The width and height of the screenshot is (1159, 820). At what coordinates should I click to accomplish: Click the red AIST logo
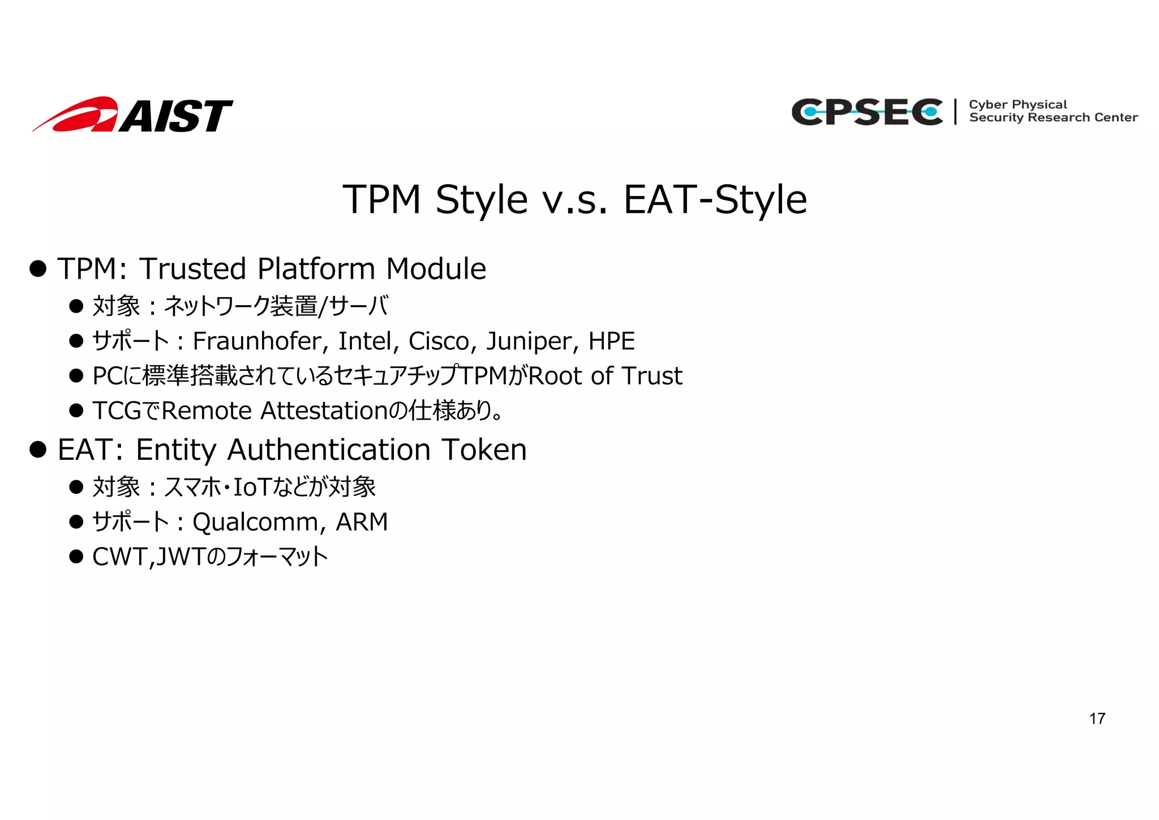(133, 115)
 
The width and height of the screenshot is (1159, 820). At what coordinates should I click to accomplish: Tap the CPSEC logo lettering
(867, 112)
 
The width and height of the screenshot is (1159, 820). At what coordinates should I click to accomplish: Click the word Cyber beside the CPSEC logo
(988, 105)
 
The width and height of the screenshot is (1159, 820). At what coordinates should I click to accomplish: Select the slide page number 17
(1097, 719)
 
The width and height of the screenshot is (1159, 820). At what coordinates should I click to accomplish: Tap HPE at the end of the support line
(611, 341)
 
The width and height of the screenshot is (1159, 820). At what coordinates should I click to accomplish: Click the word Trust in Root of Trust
(652, 376)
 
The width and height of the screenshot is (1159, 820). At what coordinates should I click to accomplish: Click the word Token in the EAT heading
(484, 450)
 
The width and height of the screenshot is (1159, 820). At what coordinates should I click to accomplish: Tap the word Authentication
(329, 450)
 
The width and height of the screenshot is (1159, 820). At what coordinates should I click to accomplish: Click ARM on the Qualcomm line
(362, 522)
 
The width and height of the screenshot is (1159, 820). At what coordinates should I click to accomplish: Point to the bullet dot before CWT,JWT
(76, 557)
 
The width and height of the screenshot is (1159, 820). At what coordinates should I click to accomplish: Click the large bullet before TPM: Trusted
(38, 269)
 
